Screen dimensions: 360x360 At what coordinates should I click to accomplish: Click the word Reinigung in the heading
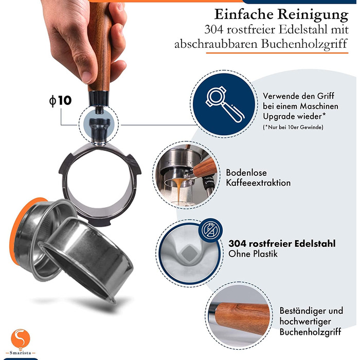coord(313,15)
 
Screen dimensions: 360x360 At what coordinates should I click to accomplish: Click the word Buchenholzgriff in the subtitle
coord(304,44)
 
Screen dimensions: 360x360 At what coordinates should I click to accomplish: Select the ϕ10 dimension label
coord(60,101)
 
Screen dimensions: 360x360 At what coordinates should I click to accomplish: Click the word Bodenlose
coord(246,173)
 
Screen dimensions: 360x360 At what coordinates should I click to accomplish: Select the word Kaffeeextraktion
coord(258,183)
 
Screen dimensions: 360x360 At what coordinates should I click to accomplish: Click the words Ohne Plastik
coord(253,254)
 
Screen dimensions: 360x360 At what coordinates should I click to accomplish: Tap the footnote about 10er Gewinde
coord(293,127)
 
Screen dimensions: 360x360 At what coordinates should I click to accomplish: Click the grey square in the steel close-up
coord(189,253)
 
